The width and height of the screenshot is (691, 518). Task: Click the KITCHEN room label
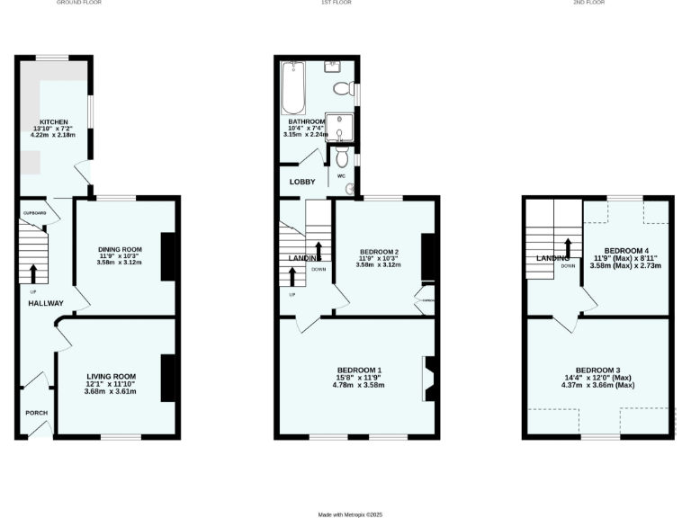tap(53, 121)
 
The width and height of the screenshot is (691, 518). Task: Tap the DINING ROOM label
tap(121, 249)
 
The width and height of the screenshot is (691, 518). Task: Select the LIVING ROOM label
tap(111, 377)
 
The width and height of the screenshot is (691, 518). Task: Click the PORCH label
tap(36, 413)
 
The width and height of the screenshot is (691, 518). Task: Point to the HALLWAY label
tap(45, 303)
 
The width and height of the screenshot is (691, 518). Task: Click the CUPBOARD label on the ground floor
tap(34, 213)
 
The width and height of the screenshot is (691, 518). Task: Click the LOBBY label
tap(301, 182)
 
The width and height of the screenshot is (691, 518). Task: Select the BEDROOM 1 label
tap(359, 371)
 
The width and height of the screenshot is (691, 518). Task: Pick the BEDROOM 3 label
tap(597, 371)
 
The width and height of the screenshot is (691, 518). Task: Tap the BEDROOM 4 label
tap(625, 251)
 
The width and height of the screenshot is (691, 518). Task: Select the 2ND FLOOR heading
tap(590, 3)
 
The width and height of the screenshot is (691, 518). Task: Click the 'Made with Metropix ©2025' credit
tap(351, 514)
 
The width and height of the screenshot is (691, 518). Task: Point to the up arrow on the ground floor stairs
tap(33, 272)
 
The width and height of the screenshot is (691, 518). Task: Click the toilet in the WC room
tap(341, 158)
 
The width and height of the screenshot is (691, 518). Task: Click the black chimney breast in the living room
tap(168, 378)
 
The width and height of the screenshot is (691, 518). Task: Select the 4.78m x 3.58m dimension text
tap(359, 385)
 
